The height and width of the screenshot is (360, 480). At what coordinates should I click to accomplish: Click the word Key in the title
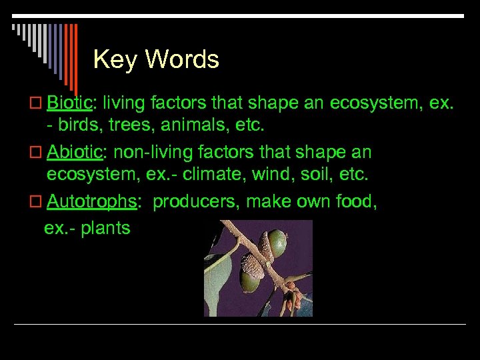(115, 60)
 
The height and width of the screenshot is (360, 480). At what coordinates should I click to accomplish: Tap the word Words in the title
(182, 60)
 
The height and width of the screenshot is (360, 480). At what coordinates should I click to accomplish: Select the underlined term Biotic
(71, 103)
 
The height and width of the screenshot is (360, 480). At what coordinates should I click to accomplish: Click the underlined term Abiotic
(75, 153)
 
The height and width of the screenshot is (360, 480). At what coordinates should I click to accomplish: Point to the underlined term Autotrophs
(92, 202)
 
